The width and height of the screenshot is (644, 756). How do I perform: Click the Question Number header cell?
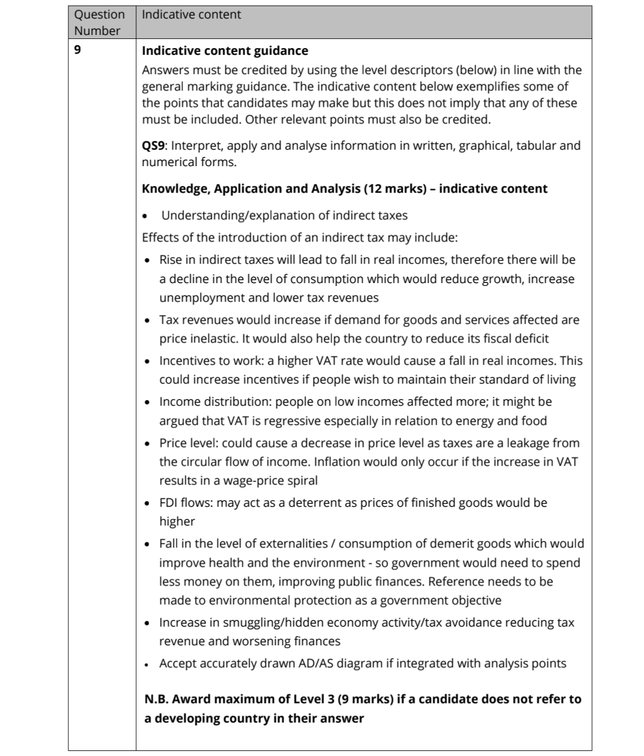click(99, 23)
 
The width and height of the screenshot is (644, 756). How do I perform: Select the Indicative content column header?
click(191, 15)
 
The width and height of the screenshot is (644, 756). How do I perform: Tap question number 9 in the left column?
click(77, 50)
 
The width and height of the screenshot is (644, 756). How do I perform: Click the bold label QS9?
click(153, 146)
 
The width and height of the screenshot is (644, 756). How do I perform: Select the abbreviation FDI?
click(168, 503)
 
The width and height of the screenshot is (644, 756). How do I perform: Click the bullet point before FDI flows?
click(148, 503)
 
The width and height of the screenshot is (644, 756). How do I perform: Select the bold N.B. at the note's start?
click(156, 699)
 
